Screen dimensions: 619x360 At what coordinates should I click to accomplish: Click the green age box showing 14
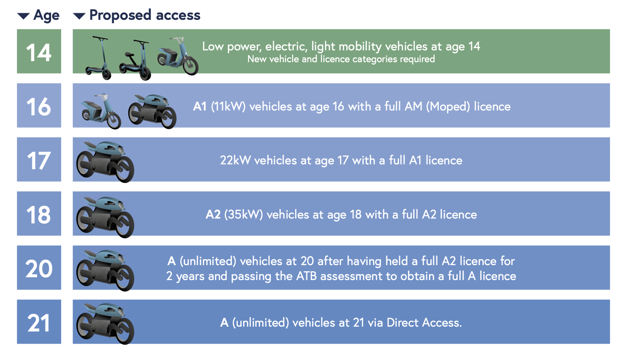(39, 51)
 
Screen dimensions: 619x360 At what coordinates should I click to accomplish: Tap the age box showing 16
(39, 105)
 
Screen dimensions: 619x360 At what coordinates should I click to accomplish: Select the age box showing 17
(39, 159)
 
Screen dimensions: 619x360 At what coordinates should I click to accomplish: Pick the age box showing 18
(39, 213)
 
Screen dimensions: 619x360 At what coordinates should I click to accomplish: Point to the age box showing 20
(39, 267)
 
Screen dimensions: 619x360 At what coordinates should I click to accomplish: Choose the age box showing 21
(39, 322)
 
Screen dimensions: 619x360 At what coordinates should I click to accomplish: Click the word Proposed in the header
(120, 15)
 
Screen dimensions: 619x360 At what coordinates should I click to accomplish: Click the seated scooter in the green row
(135, 60)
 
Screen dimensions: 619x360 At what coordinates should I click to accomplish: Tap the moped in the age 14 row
(178, 56)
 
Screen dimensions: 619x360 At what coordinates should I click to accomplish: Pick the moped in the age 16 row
(101, 111)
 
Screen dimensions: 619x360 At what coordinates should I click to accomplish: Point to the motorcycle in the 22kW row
(105, 162)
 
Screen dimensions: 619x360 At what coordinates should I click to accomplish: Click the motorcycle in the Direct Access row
(105, 324)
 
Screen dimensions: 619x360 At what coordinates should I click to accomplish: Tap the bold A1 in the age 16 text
(200, 106)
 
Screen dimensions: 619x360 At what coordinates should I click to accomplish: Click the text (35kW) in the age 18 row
(243, 214)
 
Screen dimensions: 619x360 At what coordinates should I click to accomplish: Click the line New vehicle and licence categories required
(341, 59)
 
